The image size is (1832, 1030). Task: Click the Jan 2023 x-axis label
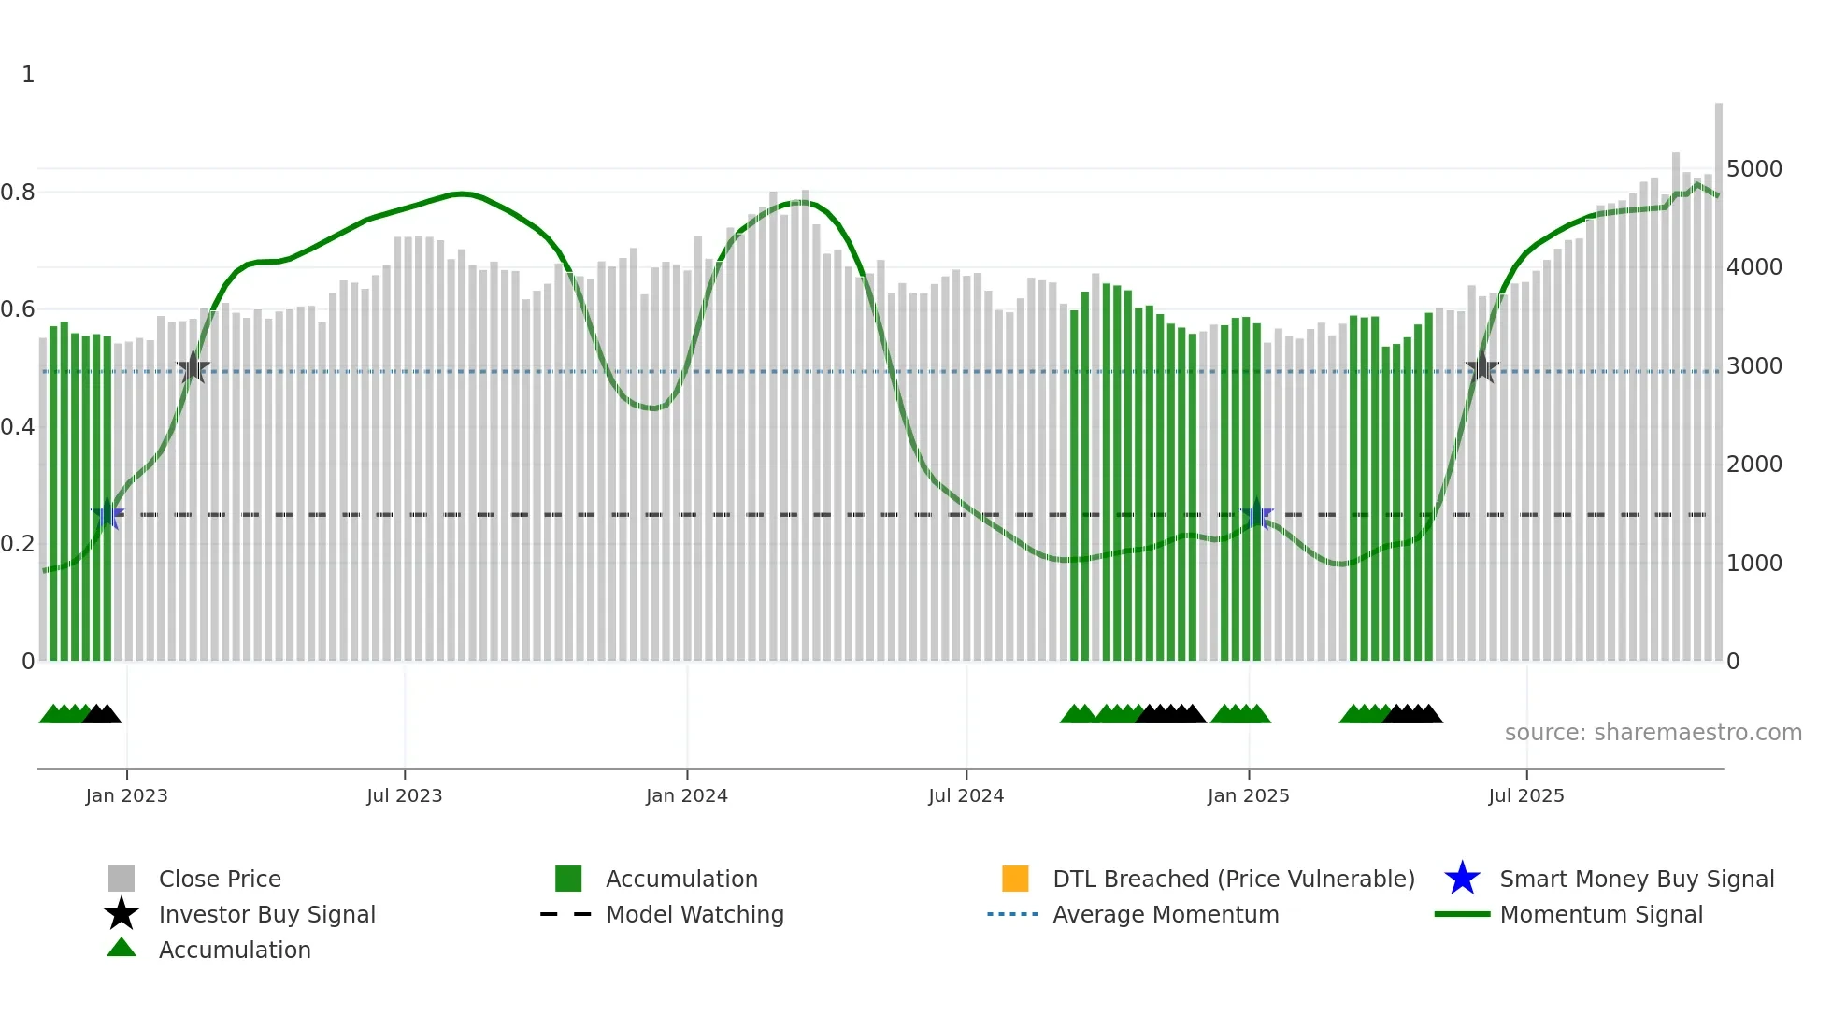(126, 795)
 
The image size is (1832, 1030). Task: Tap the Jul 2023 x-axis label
(404, 795)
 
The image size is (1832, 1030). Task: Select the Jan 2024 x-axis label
(686, 795)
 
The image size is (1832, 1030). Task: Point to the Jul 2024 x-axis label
(966, 795)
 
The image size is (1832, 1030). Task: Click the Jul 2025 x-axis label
(1525, 795)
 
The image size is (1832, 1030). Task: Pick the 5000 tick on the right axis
(1753, 169)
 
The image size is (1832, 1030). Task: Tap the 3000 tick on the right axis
(1753, 366)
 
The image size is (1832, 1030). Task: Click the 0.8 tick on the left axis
(18, 193)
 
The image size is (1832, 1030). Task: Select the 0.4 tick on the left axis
(18, 427)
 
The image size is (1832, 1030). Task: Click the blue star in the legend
(1462, 879)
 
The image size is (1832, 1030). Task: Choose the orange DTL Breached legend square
(1015, 879)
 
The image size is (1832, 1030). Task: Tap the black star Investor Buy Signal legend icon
(122, 914)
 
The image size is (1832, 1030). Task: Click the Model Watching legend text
(694, 914)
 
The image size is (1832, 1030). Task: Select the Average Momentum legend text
(1166, 914)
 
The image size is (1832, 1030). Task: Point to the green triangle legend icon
(122, 948)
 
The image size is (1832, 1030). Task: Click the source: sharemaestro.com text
(1653, 733)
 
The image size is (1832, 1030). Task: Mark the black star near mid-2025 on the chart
(1482, 367)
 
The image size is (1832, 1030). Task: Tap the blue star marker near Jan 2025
(1257, 514)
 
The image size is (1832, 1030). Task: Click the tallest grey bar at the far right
(1718, 374)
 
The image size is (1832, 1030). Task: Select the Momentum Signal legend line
(1462, 914)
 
